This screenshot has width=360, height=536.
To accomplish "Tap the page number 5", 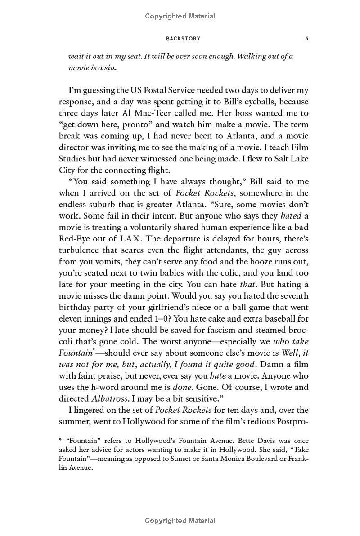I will tap(307, 39).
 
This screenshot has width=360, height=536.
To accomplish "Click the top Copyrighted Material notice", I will tap(180, 16).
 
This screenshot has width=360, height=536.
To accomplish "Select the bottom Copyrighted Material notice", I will tap(180, 521).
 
